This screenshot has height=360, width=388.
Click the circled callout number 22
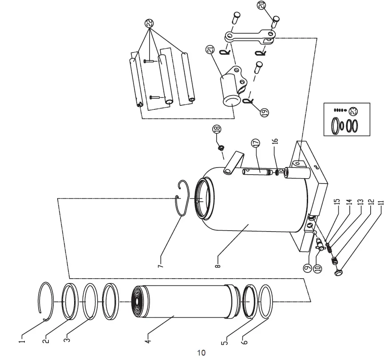(x=149, y=24)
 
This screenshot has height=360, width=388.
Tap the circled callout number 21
(x=210, y=50)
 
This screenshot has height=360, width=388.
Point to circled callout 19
(x=264, y=112)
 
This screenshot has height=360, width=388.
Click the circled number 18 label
(x=217, y=129)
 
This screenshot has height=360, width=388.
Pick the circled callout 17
(x=256, y=143)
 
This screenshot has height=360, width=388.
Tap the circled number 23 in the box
(x=353, y=111)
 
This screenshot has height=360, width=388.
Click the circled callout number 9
(x=308, y=268)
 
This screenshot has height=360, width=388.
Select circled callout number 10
(x=317, y=268)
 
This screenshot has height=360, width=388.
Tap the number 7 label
(x=161, y=266)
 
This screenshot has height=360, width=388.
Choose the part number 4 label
(x=148, y=341)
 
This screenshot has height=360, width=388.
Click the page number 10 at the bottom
(x=201, y=352)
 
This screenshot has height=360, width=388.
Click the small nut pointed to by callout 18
(x=221, y=148)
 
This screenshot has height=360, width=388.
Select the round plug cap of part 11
(x=338, y=272)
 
